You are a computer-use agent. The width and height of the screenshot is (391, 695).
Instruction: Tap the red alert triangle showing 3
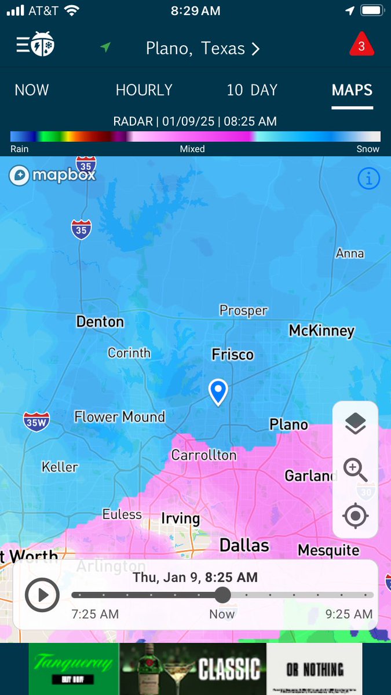click(x=361, y=46)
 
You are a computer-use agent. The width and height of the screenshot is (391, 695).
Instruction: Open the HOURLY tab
click(x=144, y=90)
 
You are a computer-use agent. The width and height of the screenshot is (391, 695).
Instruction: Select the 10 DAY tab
click(x=252, y=90)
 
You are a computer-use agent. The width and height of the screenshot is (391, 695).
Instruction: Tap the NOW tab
click(x=32, y=90)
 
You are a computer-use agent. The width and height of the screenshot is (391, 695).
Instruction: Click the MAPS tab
click(x=352, y=90)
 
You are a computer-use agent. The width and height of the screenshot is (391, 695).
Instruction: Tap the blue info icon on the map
click(x=368, y=179)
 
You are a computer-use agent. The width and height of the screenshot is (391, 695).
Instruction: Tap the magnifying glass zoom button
click(x=355, y=469)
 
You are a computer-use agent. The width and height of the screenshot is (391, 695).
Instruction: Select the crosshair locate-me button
click(x=355, y=515)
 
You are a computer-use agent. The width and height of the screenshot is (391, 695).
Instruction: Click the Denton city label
click(x=100, y=321)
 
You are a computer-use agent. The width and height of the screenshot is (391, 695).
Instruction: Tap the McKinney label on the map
click(x=321, y=331)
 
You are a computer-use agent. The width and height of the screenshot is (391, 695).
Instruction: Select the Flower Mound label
click(x=119, y=416)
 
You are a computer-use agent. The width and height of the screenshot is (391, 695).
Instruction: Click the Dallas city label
click(x=244, y=545)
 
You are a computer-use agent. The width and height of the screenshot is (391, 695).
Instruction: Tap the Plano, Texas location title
click(x=202, y=48)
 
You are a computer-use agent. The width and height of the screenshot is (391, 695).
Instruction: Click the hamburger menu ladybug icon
click(x=35, y=45)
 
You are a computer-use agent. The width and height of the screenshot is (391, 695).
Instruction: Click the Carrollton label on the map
click(x=204, y=455)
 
